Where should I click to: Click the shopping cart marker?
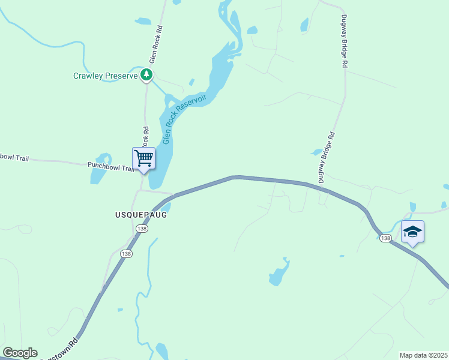pyautogui.click(x=143, y=159)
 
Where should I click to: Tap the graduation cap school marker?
pyautogui.click(x=412, y=232)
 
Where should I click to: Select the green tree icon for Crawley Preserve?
pyautogui.click(x=146, y=75)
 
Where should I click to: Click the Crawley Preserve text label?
pyautogui.click(x=105, y=76)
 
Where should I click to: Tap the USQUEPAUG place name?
pyautogui.click(x=139, y=214)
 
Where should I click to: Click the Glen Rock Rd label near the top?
pyautogui.click(x=156, y=44)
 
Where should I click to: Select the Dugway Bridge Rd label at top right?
pyautogui.click(x=345, y=40)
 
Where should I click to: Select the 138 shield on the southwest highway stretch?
pyautogui.click(x=126, y=254)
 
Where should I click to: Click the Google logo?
pyautogui.click(x=20, y=353)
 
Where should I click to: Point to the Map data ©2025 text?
pyautogui.click(x=423, y=355)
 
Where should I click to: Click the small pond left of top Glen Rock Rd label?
pyautogui.click(x=143, y=22)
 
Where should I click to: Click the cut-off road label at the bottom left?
pyautogui.click(x=62, y=350)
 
